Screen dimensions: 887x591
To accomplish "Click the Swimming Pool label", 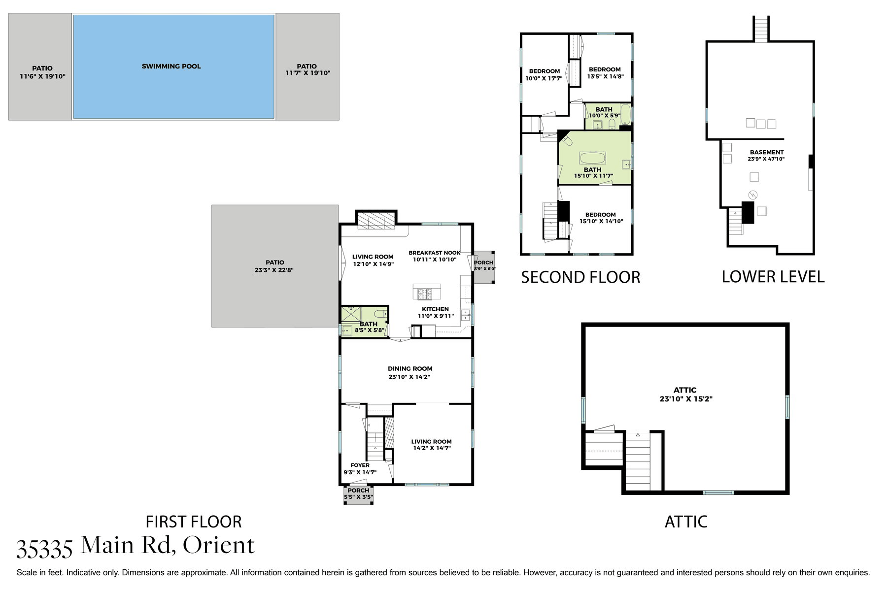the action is pyautogui.click(x=171, y=66).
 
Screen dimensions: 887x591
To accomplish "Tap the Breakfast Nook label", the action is pyautogui.click(x=435, y=253).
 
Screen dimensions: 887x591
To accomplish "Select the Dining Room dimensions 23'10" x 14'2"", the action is pyautogui.click(x=409, y=377).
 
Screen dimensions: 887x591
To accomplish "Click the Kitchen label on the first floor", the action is pyautogui.click(x=435, y=309).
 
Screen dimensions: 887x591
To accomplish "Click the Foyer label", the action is pyautogui.click(x=360, y=465).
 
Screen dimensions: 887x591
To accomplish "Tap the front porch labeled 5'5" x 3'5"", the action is pyautogui.click(x=358, y=494).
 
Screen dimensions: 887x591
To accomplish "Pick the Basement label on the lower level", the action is pyautogui.click(x=767, y=152).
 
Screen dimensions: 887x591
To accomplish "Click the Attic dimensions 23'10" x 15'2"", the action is pyautogui.click(x=686, y=399).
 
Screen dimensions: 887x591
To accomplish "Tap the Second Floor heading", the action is pyautogui.click(x=580, y=277).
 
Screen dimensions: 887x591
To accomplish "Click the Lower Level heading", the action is pyautogui.click(x=773, y=277).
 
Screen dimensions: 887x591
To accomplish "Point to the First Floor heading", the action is pyautogui.click(x=194, y=522).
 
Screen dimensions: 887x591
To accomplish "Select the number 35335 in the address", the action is pyautogui.click(x=45, y=548).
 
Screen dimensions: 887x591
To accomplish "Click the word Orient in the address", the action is pyautogui.click(x=219, y=545).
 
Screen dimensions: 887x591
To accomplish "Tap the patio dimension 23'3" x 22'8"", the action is pyautogui.click(x=274, y=270).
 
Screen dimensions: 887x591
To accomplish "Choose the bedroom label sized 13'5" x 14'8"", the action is pyautogui.click(x=605, y=73).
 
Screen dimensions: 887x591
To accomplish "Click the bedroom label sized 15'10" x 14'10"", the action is pyautogui.click(x=601, y=218).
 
